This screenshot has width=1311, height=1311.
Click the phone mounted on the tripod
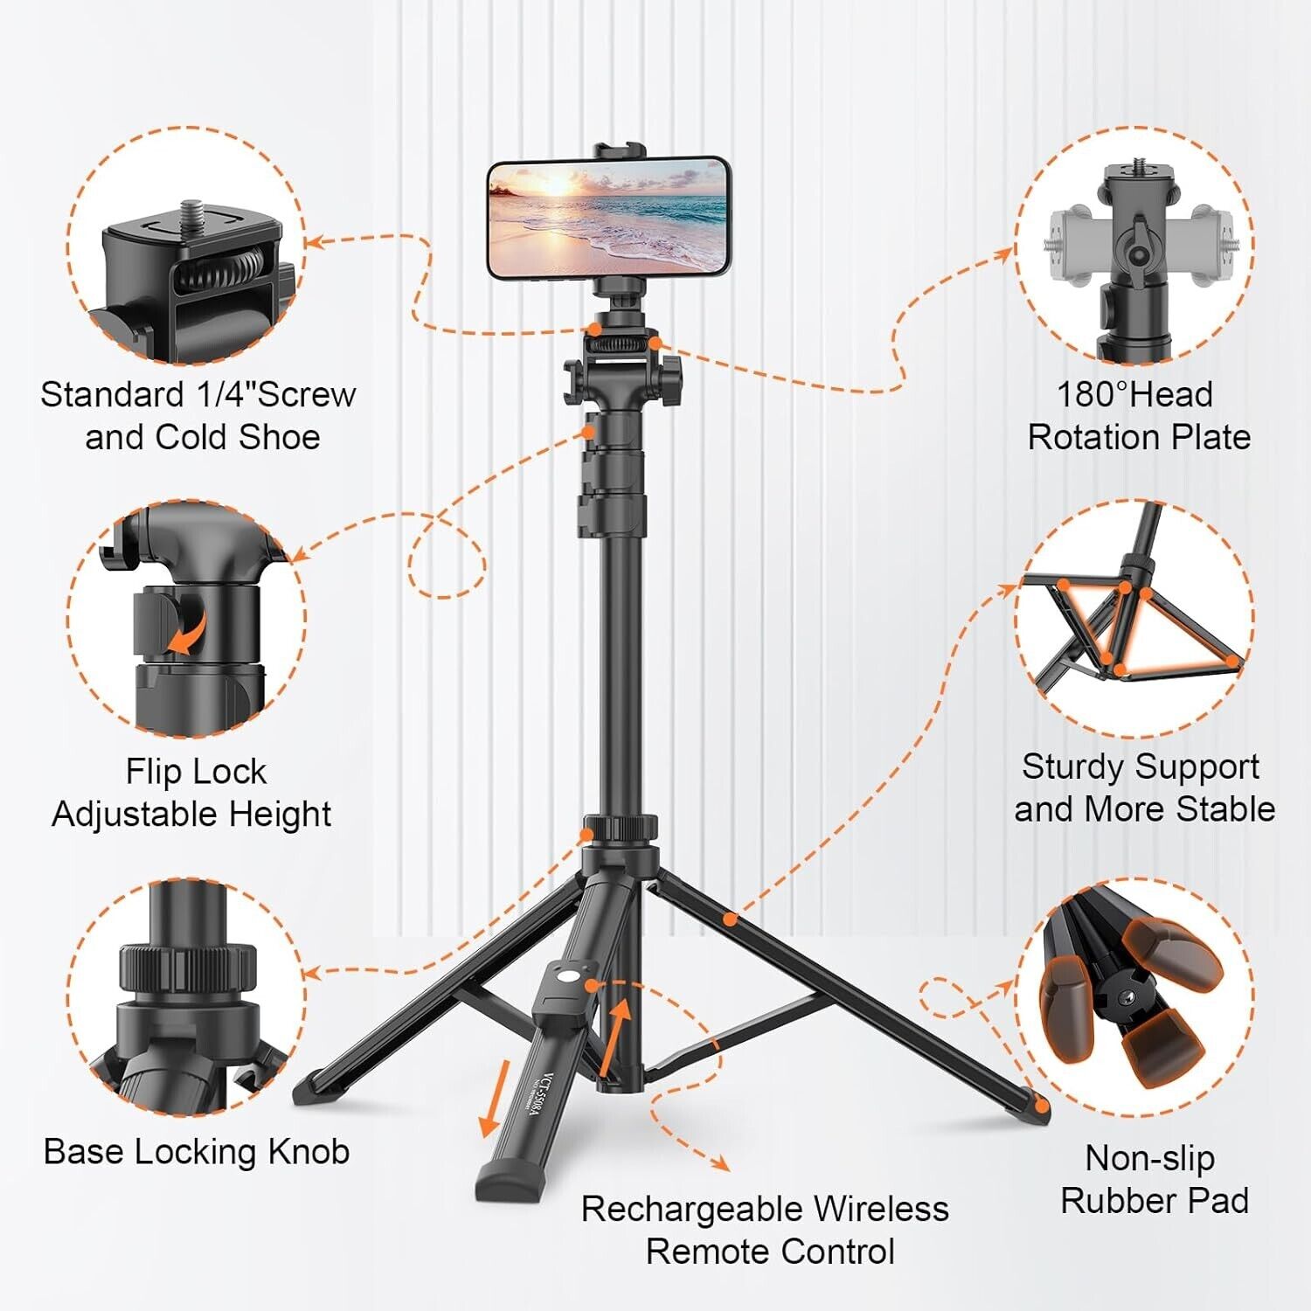tap(607, 218)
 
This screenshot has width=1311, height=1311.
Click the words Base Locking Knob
tap(197, 1152)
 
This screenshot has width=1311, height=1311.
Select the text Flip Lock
tap(196, 772)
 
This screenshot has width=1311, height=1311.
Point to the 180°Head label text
tap(1134, 395)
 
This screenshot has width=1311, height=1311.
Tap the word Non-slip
tap(1149, 1159)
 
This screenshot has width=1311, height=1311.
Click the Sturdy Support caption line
tap(1141, 767)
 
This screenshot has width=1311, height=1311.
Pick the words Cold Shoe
tap(237, 438)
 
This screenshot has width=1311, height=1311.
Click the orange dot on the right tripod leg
tap(730, 919)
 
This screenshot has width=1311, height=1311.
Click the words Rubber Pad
tap(1154, 1201)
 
